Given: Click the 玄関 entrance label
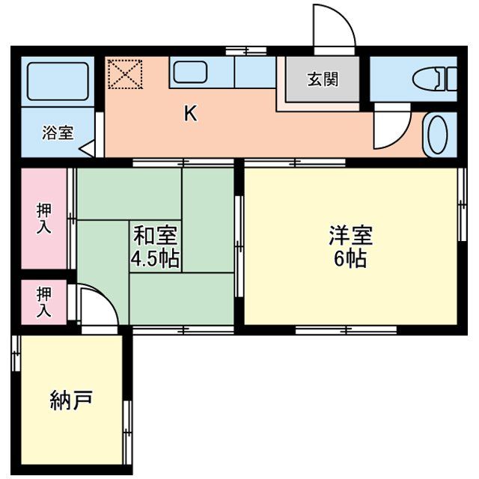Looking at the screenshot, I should click(x=322, y=79).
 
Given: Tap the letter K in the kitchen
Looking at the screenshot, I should click(x=191, y=114).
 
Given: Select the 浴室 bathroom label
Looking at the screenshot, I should click(x=58, y=133).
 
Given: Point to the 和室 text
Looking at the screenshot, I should click(x=155, y=236).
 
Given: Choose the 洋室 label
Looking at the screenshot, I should click(x=350, y=236).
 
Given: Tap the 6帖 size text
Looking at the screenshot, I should click(x=350, y=259).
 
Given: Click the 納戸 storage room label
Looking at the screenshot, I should click(x=71, y=400).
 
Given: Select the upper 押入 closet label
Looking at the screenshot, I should click(x=45, y=219).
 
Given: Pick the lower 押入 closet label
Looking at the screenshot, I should click(x=45, y=302).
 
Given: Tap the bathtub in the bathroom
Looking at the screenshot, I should click(x=57, y=81).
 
